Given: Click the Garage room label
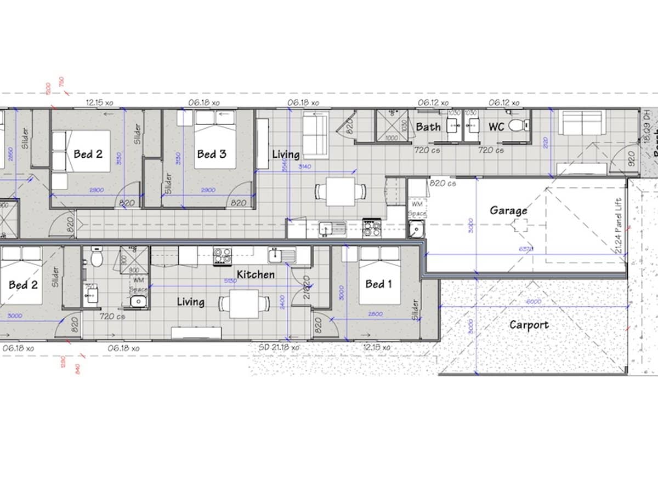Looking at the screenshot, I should click(508, 210).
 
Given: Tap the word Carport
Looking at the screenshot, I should click(529, 325).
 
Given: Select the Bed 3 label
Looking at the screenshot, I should click(212, 154).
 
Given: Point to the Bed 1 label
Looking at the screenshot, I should click(378, 284).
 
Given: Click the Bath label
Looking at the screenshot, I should click(428, 127).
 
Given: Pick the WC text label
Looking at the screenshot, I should click(496, 127).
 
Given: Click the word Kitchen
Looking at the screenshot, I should click(256, 274).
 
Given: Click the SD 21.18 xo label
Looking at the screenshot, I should click(279, 347).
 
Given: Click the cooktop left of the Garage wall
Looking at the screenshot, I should click(372, 228).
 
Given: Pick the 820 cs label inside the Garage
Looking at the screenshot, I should click(442, 184).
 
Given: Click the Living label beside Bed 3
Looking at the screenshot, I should click(286, 154).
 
